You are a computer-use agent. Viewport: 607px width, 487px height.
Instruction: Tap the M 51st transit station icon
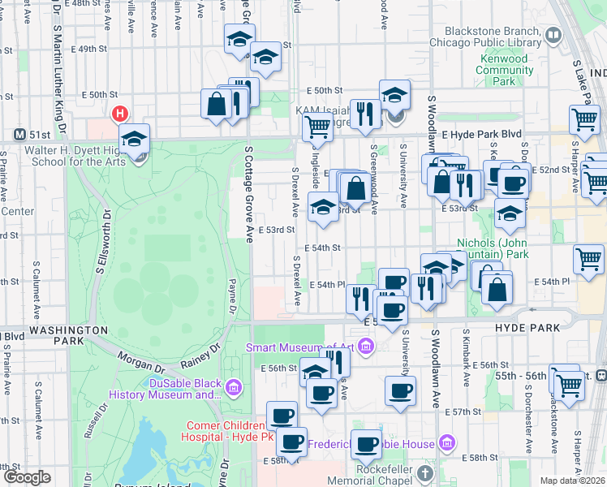(20, 133)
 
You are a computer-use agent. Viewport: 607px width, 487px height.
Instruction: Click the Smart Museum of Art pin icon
(365, 348)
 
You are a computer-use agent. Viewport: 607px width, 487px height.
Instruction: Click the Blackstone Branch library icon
(553, 35)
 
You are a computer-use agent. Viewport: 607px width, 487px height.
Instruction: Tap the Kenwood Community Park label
(505, 70)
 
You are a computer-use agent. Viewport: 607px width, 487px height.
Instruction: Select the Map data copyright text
(571, 481)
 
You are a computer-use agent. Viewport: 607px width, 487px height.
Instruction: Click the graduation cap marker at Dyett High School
(135, 138)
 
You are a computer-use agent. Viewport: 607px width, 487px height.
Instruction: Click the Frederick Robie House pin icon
(446, 443)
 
